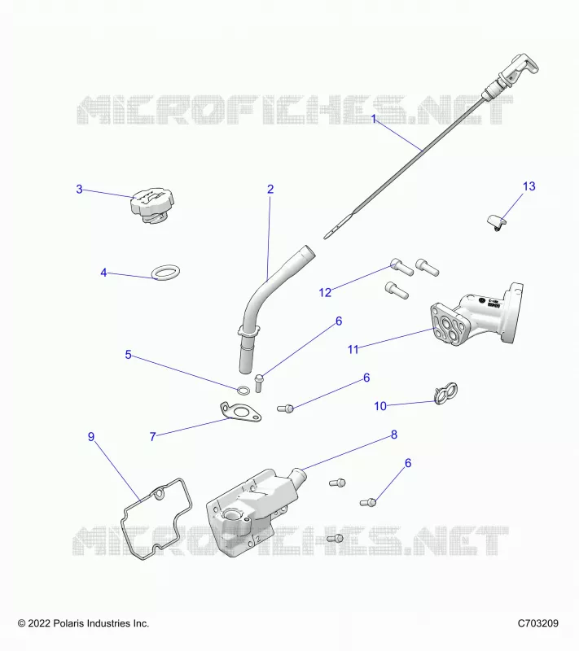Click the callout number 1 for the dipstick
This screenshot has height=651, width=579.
click(x=374, y=119)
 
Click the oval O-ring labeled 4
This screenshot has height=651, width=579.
click(x=166, y=273)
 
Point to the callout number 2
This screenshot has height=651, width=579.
click(x=270, y=190)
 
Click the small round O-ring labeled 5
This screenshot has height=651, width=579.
click(x=243, y=391)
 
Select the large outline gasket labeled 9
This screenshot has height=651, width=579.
click(x=139, y=498)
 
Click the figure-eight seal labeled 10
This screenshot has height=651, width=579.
click(x=445, y=393)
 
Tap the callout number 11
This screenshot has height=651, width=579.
click(x=353, y=350)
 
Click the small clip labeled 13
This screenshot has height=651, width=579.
click(x=497, y=222)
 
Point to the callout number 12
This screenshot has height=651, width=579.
click(x=325, y=293)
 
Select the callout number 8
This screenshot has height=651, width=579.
click(x=394, y=435)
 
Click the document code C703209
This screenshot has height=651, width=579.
click(x=538, y=623)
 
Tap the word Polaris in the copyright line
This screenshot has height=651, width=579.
click(x=69, y=623)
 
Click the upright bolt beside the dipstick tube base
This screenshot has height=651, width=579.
click(x=258, y=383)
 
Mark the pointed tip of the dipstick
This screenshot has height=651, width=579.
click(x=325, y=238)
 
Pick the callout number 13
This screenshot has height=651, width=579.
click(x=529, y=186)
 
